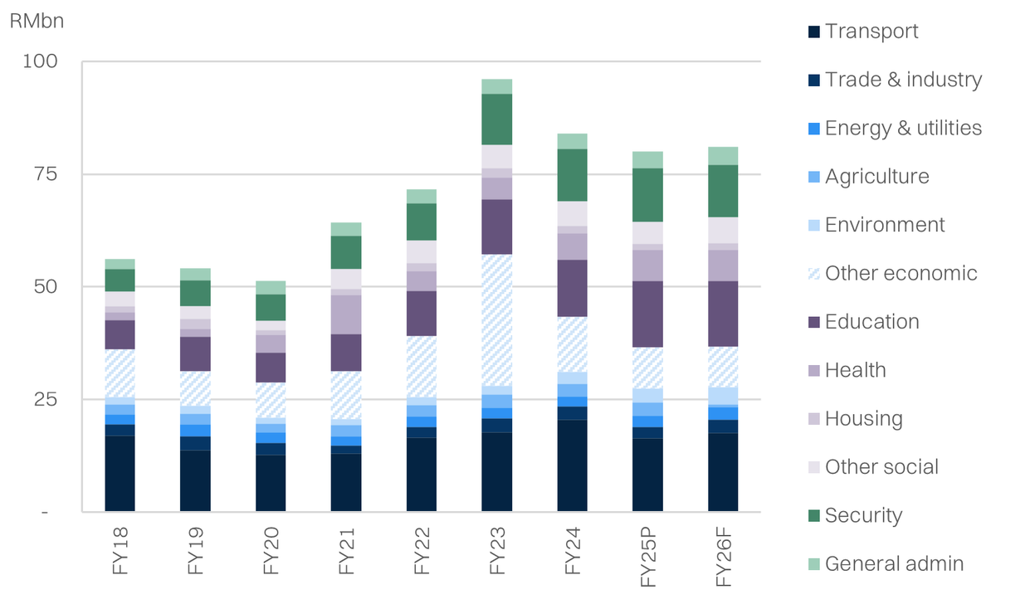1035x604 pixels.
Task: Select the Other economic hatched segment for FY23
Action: point(496,319)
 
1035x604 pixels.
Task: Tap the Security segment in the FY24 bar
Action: point(572,175)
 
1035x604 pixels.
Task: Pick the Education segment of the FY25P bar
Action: point(647,314)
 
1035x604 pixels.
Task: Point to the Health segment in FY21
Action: point(346,314)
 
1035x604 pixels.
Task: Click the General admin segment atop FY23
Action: point(496,86)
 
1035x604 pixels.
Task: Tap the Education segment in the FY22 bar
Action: point(422,313)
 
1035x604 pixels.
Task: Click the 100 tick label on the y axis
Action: point(41,62)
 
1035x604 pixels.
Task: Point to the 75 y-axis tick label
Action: point(46,174)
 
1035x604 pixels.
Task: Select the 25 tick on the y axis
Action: point(46,399)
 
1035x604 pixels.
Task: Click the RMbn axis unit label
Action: point(36,22)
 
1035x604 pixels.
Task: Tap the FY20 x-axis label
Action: point(271,548)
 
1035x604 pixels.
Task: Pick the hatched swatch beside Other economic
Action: point(814,274)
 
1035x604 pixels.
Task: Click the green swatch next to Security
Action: point(814,516)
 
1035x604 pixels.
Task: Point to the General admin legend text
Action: point(894,564)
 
